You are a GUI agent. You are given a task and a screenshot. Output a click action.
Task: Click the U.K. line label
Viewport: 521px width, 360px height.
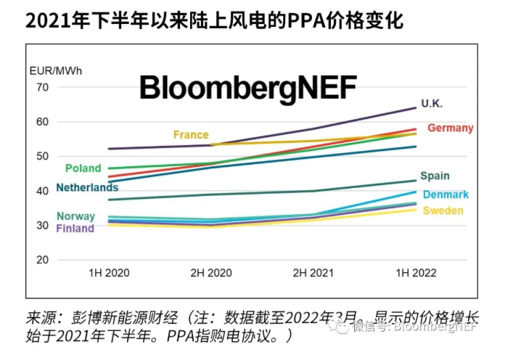click(x=432, y=104)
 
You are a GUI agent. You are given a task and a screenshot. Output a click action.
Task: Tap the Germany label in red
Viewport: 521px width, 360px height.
click(x=450, y=128)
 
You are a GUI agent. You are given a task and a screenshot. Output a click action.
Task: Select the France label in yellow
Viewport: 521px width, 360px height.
click(x=191, y=135)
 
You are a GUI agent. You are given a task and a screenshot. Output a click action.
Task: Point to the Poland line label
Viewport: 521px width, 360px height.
click(x=83, y=168)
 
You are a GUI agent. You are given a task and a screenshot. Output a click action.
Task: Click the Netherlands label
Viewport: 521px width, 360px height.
click(x=87, y=188)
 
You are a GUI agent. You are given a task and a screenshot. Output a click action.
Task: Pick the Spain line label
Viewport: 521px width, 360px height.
click(x=435, y=176)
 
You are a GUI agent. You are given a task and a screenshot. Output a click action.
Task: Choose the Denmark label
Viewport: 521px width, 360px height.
click(x=446, y=195)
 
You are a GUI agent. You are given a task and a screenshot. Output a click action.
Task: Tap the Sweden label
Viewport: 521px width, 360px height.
click(x=443, y=210)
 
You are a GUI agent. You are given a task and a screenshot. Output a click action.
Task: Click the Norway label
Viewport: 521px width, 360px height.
click(x=75, y=216)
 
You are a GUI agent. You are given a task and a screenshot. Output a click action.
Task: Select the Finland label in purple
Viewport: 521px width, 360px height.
click(x=75, y=229)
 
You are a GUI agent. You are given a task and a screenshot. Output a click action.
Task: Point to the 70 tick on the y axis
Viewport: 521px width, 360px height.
click(x=42, y=87)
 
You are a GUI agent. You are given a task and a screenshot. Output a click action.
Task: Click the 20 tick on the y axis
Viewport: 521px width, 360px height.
click(x=42, y=260)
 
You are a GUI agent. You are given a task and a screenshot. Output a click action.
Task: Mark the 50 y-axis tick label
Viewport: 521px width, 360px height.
click(x=42, y=156)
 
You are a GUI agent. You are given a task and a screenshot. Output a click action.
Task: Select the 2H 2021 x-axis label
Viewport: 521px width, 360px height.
click(x=313, y=273)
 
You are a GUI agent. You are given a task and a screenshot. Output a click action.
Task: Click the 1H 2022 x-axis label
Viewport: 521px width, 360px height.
click(x=416, y=273)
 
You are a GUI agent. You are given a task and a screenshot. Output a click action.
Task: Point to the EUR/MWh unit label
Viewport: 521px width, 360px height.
click(x=56, y=71)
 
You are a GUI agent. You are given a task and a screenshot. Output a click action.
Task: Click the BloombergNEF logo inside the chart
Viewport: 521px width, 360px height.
click(x=248, y=87)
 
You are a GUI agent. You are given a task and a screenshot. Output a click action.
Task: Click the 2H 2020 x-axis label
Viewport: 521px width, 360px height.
click(x=210, y=273)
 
